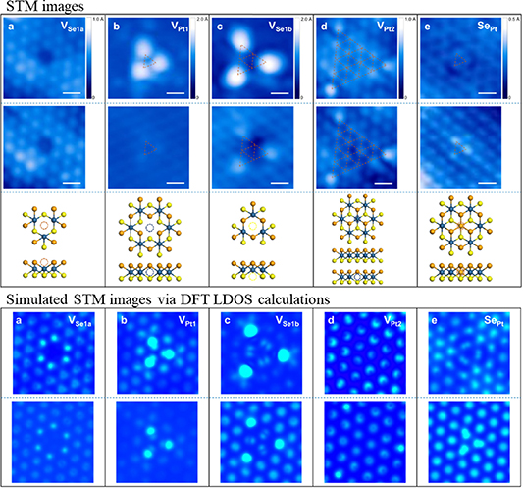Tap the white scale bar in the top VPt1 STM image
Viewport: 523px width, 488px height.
pos(181,94)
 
